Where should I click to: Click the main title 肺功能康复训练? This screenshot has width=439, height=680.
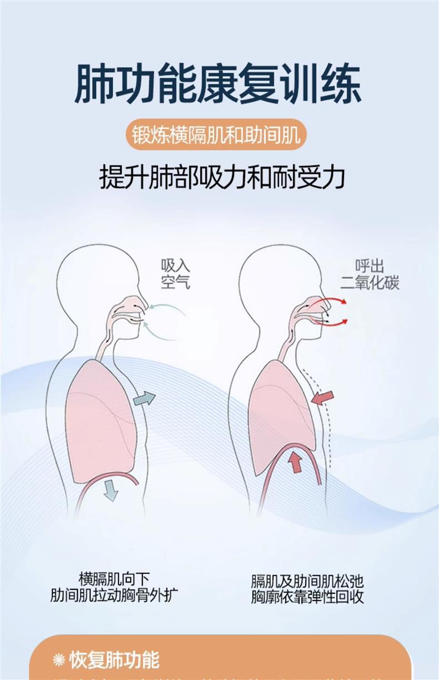(x=218, y=85)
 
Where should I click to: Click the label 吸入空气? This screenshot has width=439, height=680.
(x=175, y=274)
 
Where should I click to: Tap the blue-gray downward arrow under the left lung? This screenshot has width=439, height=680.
(x=111, y=490)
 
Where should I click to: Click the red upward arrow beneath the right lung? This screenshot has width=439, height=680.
(x=296, y=461)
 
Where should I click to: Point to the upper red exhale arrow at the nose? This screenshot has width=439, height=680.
(x=333, y=300)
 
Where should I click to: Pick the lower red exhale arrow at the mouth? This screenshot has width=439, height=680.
(x=333, y=321)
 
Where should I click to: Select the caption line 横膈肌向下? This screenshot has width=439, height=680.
(x=114, y=578)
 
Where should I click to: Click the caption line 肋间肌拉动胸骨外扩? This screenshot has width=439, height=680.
(x=114, y=595)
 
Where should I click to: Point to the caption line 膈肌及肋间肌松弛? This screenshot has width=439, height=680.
(x=307, y=582)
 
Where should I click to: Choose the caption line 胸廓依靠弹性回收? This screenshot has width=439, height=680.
(x=307, y=598)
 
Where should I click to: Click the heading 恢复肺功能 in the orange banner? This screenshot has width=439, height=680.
(x=114, y=660)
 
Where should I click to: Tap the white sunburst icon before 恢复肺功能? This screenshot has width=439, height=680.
(x=59, y=660)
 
